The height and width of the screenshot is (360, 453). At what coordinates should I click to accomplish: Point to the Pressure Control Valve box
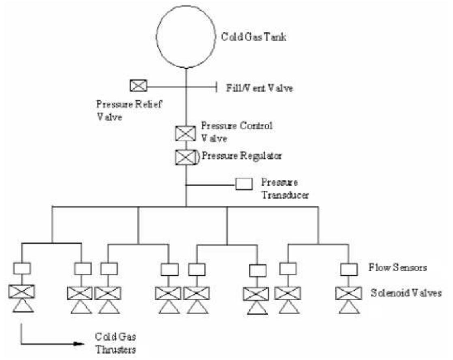tap(185, 133)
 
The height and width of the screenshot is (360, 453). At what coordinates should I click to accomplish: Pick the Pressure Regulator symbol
tap(186, 157)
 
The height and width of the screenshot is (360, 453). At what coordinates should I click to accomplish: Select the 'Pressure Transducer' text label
tap(285, 189)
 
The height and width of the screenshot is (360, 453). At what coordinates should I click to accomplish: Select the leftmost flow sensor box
tap(21, 268)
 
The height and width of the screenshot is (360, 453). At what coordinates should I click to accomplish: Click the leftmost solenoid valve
tap(21, 291)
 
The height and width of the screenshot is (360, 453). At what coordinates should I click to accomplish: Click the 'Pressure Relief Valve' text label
tap(129, 109)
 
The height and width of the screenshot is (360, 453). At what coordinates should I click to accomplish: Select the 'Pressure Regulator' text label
tap(242, 155)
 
